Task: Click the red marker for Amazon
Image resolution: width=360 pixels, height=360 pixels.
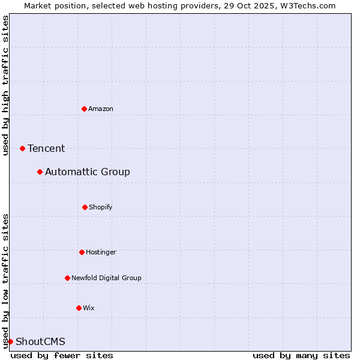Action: (x=84, y=109)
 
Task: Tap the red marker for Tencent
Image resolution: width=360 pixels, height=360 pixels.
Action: (x=22, y=148)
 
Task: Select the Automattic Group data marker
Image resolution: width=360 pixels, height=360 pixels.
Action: (x=40, y=172)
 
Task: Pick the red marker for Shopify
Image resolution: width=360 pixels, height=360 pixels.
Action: (x=85, y=207)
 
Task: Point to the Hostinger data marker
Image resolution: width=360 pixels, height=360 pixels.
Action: (x=82, y=252)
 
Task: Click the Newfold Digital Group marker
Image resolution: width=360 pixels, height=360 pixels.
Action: (x=67, y=278)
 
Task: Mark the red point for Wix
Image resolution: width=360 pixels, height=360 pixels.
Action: (x=79, y=308)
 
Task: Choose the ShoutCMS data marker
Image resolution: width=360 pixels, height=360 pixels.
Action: (x=10, y=341)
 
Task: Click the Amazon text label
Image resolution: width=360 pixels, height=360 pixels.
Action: (x=101, y=109)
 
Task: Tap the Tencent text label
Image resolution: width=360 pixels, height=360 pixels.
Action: (x=46, y=148)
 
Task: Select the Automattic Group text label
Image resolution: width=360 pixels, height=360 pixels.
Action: (x=88, y=172)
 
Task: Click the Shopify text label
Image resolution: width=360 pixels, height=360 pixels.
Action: (x=101, y=207)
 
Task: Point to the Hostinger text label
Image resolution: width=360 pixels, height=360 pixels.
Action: (x=101, y=252)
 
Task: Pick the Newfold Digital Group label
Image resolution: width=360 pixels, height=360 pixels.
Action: (x=107, y=278)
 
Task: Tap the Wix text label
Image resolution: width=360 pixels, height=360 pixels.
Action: (x=89, y=308)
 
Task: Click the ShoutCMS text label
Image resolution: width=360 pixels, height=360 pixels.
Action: (x=40, y=341)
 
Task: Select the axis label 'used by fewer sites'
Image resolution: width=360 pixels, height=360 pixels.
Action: (x=62, y=355)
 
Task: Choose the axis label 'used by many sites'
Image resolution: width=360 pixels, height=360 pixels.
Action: (x=301, y=355)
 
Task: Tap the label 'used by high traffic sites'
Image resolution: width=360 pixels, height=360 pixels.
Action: (x=5, y=85)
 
